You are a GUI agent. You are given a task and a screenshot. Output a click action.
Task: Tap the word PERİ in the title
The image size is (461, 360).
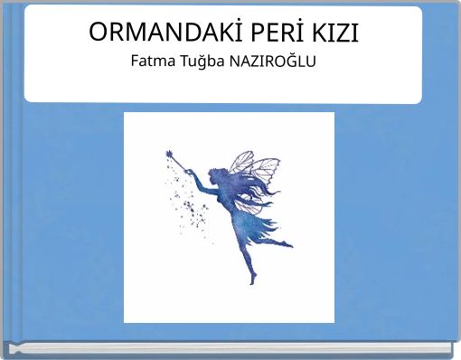coord(261,33)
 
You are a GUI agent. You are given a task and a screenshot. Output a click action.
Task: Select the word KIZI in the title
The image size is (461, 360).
coord(334,33)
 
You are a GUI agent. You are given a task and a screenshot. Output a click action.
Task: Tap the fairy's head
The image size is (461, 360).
coord(220,173)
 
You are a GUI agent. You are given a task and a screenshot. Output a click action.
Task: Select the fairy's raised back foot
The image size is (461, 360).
coord(288,242)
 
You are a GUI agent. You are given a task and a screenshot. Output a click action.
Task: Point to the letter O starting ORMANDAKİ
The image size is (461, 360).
coord(99,33)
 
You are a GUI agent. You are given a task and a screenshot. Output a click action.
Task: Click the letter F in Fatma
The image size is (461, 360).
coord(135,62)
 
